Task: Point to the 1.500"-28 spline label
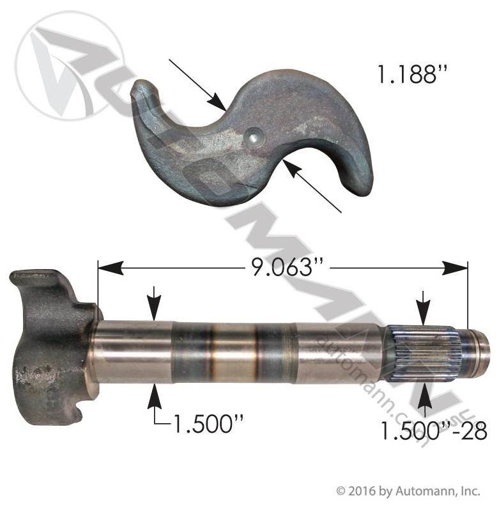(x=434, y=431)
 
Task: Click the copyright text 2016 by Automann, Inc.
(x=408, y=491)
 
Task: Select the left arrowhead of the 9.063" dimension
(x=110, y=268)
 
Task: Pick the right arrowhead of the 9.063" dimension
(x=454, y=268)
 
